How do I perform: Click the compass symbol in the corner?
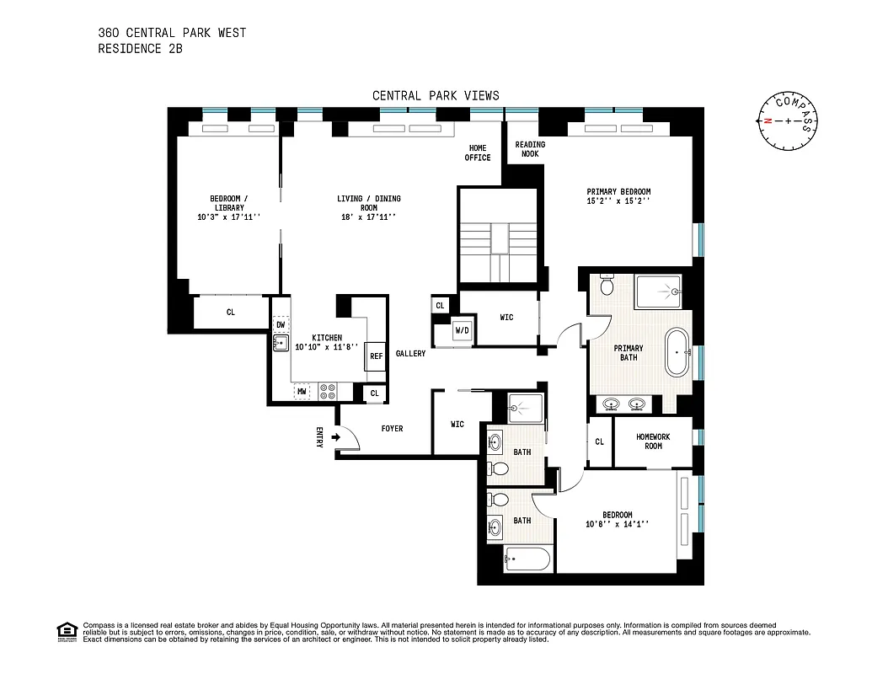click(788, 120)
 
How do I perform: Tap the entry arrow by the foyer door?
click(337, 437)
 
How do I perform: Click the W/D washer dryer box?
click(463, 329)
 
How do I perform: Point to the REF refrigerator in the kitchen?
click(376, 356)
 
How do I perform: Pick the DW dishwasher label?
click(281, 324)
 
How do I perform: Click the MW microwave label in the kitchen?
click(300, 392)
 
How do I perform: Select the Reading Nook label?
click(530, 149)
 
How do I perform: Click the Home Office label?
click(478, 152)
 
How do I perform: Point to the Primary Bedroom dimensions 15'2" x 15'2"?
click(618, 201)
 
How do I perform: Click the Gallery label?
click(410, 354)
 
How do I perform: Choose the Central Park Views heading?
click(436, 95)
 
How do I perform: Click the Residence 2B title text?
click(140, 49)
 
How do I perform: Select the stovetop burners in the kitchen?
click(328, 392)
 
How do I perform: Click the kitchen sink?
click(281, 343)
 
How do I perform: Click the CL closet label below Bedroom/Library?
click(230, 313)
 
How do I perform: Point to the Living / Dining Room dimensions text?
click(368, 217)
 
